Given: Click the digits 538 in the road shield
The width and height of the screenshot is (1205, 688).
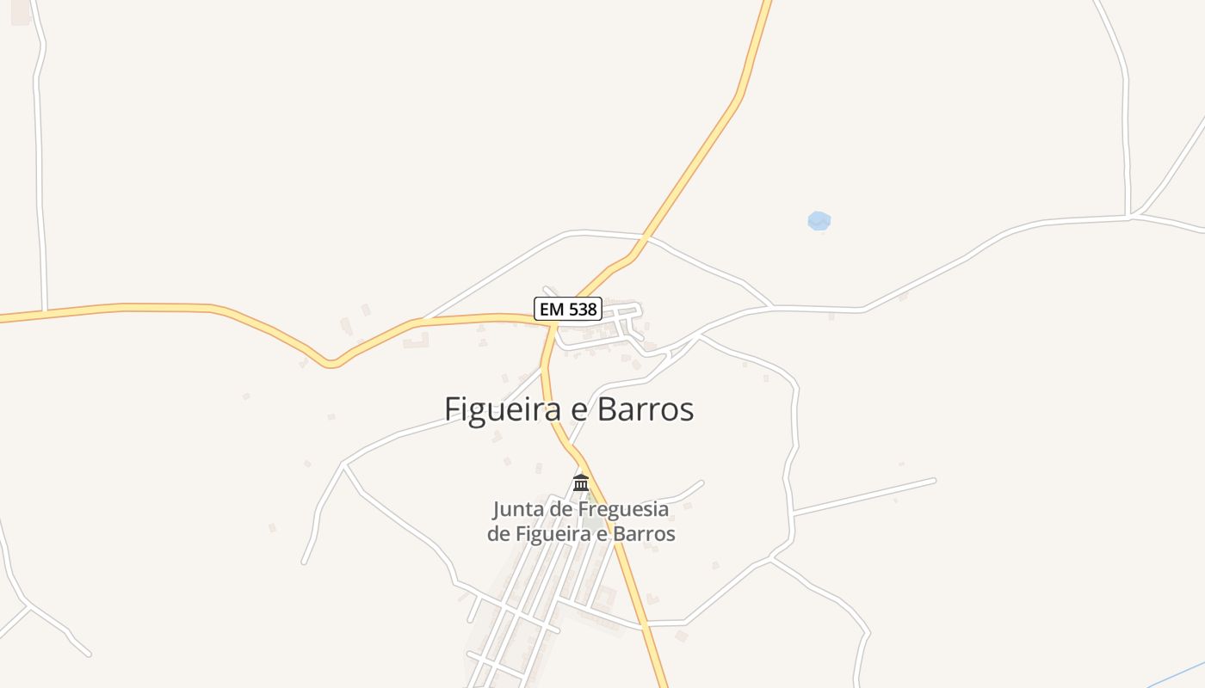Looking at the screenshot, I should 581,310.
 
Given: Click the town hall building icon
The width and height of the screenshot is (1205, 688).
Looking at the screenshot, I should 581,482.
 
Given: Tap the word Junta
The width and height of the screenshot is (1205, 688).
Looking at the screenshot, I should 518,509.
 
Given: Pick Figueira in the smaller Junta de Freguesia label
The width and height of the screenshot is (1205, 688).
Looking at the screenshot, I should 551,534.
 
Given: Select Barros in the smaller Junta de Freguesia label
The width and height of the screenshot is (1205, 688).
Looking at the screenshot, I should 645,534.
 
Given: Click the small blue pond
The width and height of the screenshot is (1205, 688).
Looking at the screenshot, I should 819,221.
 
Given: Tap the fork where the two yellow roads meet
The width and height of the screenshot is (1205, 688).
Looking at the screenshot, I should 552,324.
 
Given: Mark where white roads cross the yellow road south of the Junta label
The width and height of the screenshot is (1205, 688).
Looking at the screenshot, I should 644,623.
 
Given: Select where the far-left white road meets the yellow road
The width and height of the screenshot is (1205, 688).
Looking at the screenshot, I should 44,310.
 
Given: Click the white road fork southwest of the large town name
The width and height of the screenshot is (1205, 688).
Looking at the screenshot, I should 344,464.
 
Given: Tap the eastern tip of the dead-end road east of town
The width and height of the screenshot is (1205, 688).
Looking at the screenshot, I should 934,480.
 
